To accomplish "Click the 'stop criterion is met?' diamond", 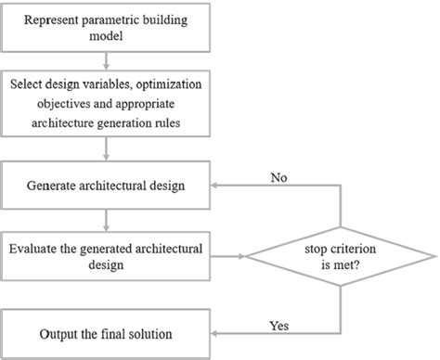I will click(x=343, y=256).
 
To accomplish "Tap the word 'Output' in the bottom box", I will click(x=60, y=331).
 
